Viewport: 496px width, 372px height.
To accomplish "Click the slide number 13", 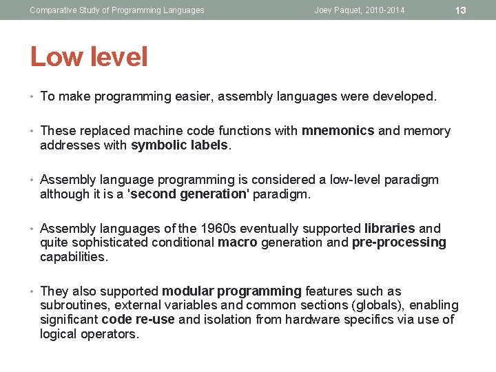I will coord(462,10).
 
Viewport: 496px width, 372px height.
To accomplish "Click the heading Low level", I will coord(89,56).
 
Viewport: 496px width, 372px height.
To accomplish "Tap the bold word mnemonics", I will coord(338,131).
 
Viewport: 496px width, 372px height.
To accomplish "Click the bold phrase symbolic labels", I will coord(180,145).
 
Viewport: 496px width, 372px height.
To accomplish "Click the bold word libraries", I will coord(389,229).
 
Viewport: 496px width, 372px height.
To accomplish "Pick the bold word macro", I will coord(237,242).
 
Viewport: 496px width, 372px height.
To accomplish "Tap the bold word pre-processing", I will coord(399,242).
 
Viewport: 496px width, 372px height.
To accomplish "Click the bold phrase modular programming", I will coord(231,291).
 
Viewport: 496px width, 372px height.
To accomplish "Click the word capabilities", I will coord(74,257).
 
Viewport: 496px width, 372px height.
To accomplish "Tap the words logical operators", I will coord(89,334).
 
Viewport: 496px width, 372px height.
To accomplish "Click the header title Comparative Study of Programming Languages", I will coord(117,10).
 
